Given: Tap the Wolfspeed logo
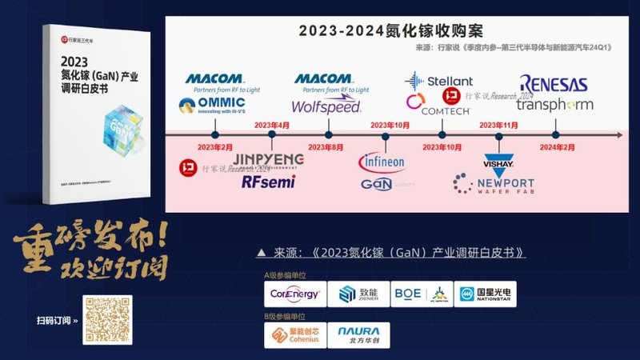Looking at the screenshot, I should coord(326,106).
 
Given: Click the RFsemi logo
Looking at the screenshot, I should coord(268,182).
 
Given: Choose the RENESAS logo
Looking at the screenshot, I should coord(553,84).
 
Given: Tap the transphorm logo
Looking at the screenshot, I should coord(554,105).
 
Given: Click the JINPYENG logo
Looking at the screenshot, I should coord(268,159).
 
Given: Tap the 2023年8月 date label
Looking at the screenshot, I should coord(326,147).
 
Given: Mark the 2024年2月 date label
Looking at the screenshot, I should coord(557,147).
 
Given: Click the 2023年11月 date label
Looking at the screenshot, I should coord(498,125).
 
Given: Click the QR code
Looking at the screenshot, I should coord(107,320).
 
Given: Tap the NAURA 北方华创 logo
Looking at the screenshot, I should coord(359,334).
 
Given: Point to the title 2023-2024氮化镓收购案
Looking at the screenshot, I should coord(391,31).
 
